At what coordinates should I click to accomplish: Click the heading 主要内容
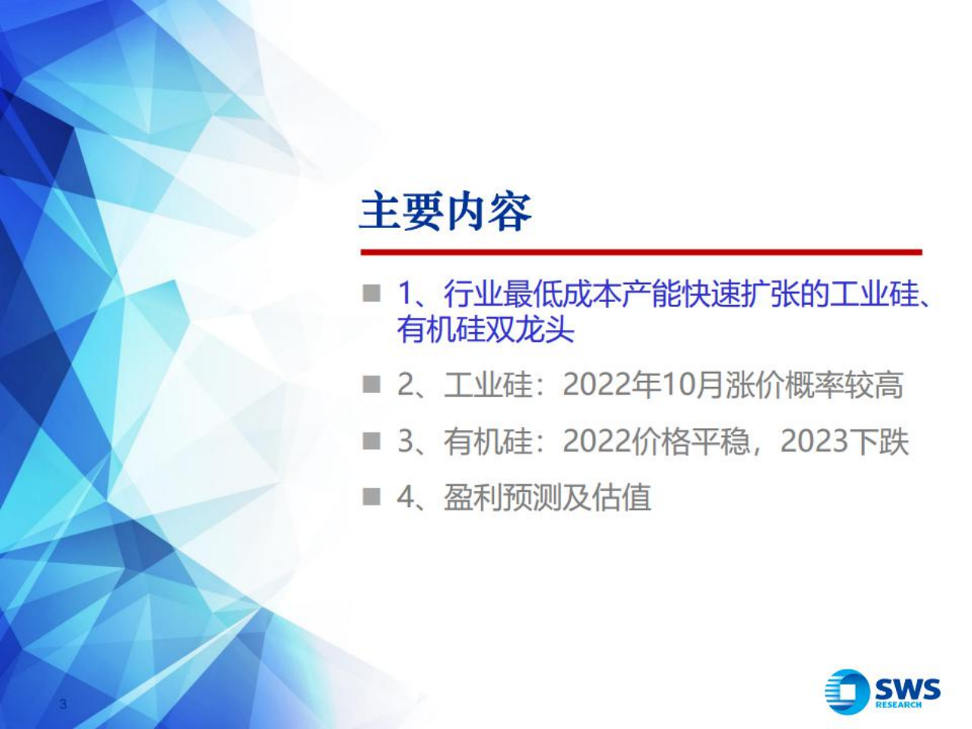445,211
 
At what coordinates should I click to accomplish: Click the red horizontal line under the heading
640,252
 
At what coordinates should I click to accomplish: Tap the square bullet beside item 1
371,293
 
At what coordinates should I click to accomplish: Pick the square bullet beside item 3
371,441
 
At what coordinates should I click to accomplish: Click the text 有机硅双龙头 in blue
485,331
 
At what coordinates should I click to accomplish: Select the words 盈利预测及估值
547,498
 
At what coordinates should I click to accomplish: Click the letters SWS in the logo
907,689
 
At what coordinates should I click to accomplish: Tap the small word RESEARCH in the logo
898,705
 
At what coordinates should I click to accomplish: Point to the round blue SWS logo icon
846,691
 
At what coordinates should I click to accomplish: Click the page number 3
63,704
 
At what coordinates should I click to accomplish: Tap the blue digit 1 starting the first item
406,294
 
